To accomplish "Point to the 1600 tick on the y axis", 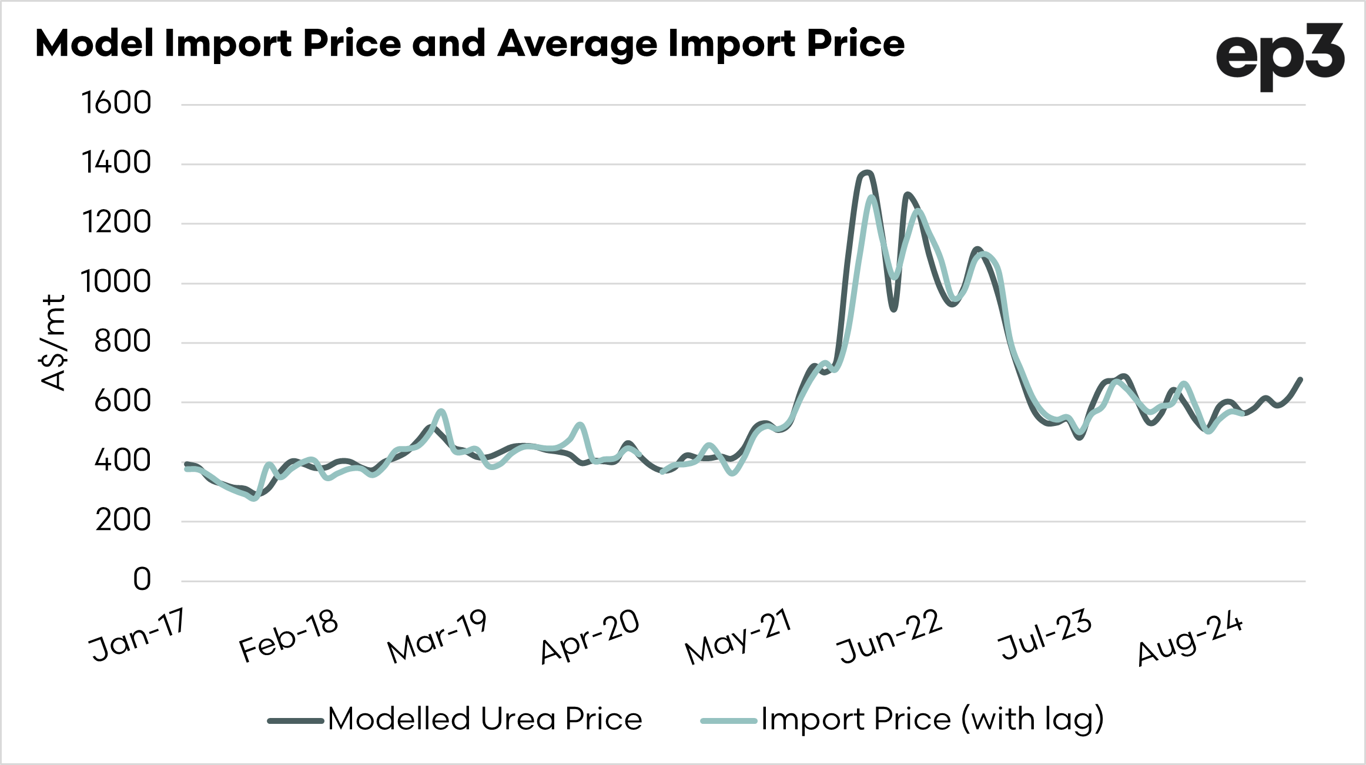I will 116,103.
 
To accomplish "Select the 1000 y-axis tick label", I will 116,282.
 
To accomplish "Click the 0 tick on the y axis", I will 142,580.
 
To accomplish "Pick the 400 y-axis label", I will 122,461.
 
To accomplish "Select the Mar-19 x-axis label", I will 437,636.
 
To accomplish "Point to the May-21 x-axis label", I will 739,636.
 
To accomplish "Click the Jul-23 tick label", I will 1044,635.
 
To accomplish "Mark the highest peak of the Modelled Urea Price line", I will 866,173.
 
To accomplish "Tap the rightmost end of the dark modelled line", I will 1301,380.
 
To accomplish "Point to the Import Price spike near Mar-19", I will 441,411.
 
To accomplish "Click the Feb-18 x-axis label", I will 289,635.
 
